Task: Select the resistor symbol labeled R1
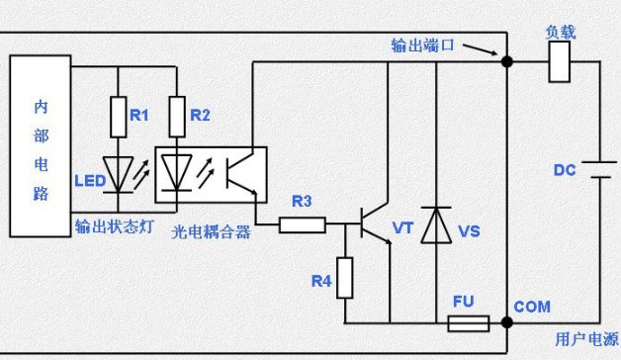pos(119,116)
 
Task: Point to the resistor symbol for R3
pos(303,225)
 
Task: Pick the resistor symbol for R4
pos(345,276)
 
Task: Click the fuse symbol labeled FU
pos(468,322)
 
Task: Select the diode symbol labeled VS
pos(435,225)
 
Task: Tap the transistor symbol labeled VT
pos(374,225)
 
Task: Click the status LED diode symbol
pos(119,174)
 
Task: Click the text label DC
pos(564,170)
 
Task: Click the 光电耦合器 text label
pos(211,231)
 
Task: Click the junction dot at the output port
pos(506,61)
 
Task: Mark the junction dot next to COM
pos(506,322)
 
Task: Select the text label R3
pos(302,202)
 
